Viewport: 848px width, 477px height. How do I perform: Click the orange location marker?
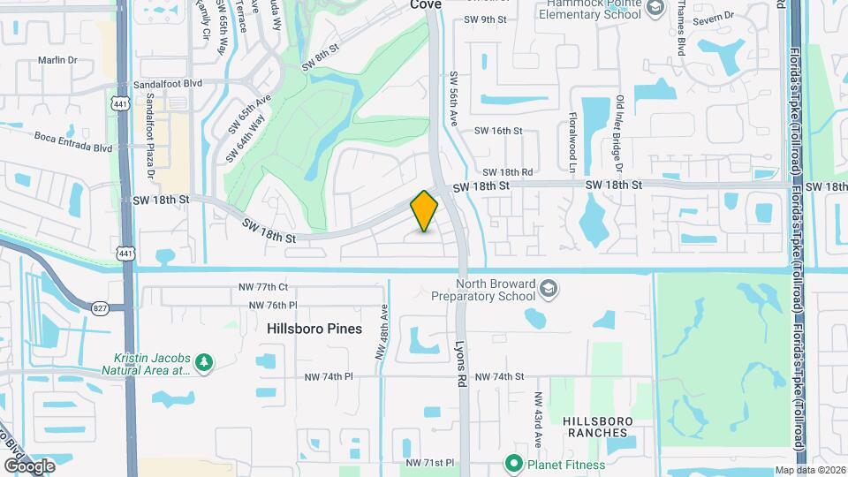[424, 211]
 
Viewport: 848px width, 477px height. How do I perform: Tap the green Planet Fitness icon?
[511, 464]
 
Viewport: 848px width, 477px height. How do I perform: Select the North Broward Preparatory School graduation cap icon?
[548, 290]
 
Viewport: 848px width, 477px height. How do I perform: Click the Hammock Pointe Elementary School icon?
[655, 9]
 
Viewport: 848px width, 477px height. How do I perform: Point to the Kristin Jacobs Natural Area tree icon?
[204, 362]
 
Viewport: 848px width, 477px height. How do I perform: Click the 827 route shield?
[98, 307]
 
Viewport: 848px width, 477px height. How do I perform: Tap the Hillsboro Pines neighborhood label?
[314, 328]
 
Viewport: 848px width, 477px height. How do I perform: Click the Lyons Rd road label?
[460, 363]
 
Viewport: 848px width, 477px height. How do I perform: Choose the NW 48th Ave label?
[382, 331]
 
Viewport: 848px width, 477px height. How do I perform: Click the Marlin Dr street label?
[58, 60]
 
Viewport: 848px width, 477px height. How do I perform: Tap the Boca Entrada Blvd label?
[73, 141]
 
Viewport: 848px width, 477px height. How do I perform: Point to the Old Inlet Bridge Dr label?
[620, 133]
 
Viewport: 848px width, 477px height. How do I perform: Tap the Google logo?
[29, 466]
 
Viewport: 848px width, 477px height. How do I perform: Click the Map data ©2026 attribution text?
[809, 470]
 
